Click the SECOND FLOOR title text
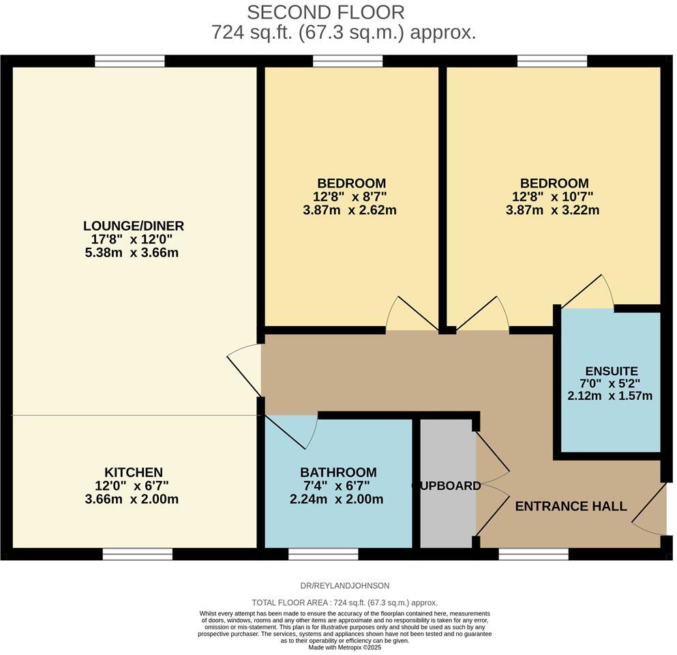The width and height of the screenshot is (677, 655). tap(325, 12)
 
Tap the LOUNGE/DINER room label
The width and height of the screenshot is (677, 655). tap(134, 226)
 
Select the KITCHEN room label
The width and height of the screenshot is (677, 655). tap(134, 472)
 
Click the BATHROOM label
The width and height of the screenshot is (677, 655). tap(338, 472)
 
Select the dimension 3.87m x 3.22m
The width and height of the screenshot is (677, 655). tap(554, 211)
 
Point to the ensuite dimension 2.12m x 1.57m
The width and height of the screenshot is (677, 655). tap(610, 396)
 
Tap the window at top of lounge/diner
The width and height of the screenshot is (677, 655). tap(130, 61)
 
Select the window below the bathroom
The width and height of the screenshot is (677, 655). tap(323, 554)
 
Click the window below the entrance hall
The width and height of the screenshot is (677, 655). tap(533, 554)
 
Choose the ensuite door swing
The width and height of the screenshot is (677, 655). tap(588, 292)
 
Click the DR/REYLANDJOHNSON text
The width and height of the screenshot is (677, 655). tap(344, 585)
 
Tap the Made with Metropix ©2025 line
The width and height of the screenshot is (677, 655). tap(344, 647)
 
